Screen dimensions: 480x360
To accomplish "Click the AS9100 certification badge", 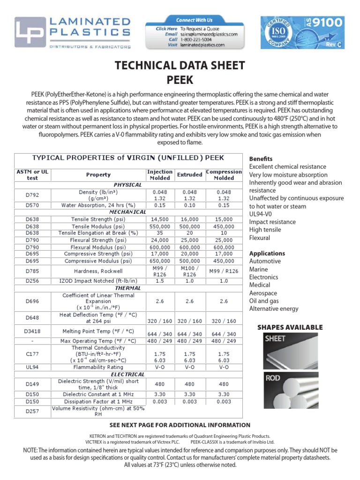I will coord(302,32).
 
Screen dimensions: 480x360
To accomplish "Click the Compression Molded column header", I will coord(224,175).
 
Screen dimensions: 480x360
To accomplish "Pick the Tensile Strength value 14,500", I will coord(160,219).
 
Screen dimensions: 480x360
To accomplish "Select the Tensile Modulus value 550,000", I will coord(160,226).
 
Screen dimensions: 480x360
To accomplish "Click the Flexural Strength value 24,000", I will coord(160,240).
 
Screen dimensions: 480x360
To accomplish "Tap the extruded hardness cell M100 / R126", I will coord(189,271).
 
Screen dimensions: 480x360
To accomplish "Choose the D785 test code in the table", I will coord(33,271).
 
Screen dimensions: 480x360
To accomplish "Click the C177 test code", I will coord(33,355).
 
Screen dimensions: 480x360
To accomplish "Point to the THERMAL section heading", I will coord(128,288).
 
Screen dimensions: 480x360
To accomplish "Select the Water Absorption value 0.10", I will coord(189,205).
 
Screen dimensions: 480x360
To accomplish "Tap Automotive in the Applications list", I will coord(265,261).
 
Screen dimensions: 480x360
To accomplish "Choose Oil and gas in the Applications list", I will coord(270,301).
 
